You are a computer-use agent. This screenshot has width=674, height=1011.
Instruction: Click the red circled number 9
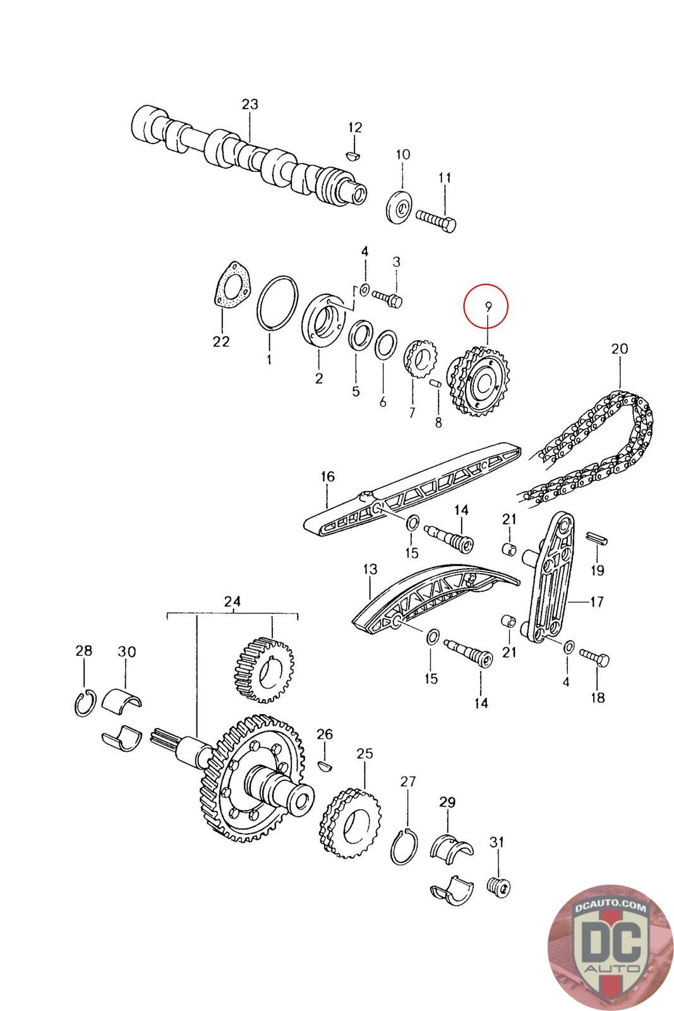tap(488, 306)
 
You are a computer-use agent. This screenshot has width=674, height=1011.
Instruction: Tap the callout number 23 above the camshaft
tap(250, 104)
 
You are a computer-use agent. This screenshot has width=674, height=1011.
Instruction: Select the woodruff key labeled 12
tap(354, 153)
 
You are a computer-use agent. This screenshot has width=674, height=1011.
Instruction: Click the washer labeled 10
tap(399, 206)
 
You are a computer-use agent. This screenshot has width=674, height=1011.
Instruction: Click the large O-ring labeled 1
tap(278, 302)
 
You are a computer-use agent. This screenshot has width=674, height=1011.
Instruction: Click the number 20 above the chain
tap(619, 348)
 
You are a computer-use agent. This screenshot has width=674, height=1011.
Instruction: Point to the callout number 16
tap(327, 476)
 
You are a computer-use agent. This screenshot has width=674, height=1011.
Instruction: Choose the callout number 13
tap(370, 570)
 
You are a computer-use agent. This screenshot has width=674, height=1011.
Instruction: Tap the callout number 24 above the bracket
tap(232, 602)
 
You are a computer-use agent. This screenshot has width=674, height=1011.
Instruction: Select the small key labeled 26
tap(324, 766)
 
